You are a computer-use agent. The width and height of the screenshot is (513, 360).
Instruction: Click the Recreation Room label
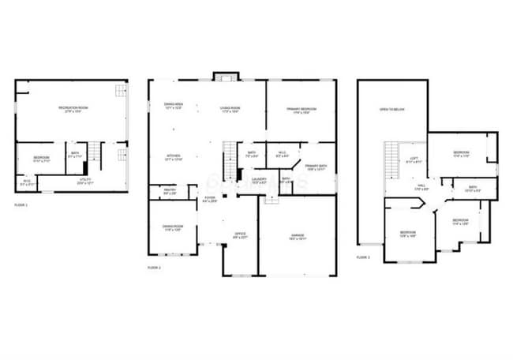coord(72,108)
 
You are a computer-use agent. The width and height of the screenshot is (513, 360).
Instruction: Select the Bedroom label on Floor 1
coord(42,159)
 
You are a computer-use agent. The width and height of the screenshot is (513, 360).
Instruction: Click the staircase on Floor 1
coord(95,152)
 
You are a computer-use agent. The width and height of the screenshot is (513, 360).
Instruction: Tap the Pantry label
coord(170,190)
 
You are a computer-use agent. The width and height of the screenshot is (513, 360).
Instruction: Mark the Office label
coord(240,235)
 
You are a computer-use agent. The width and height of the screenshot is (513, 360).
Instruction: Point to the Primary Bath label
coord(316,167)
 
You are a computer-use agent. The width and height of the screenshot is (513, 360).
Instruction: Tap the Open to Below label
coord(391,110)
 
